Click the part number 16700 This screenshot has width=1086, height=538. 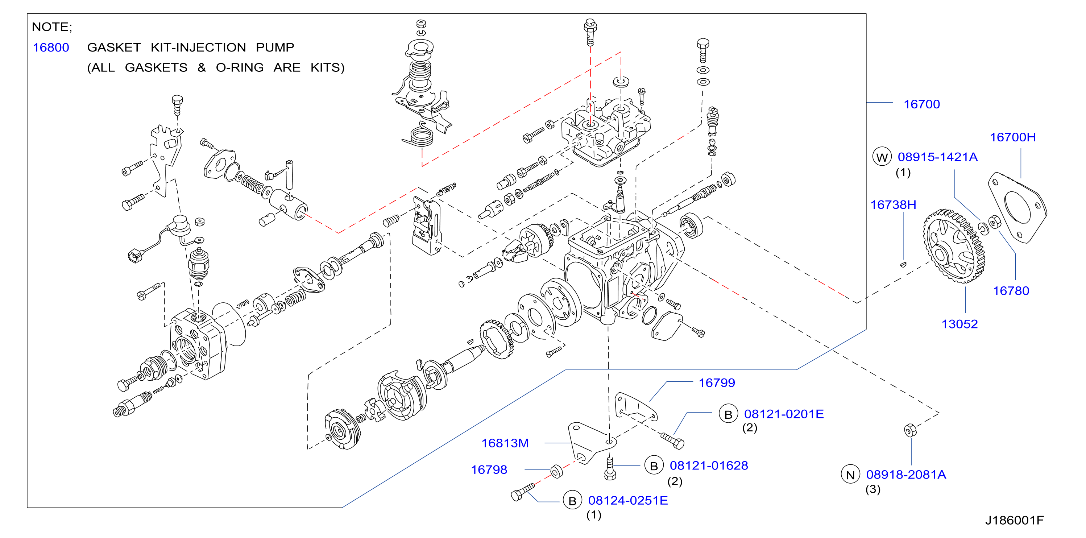click(x=921, y=104)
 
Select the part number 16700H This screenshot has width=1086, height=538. click(x=1013, y=137)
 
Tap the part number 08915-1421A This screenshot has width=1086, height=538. click(x=938, y=157)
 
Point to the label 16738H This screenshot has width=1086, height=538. click(x=893, y=204)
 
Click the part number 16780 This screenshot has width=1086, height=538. click(x=1011, y=290)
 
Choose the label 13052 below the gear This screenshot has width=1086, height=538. click(x=959, y=324)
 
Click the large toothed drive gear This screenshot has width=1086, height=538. click(x=954, y=246)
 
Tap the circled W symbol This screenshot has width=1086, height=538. click(x=882, y=157)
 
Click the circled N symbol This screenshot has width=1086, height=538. click(x=850, y=475)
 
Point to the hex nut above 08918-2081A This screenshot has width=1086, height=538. click(x=910, y=430)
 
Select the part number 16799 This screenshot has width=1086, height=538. click(x=717, y=382)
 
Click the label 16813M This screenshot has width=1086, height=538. click(x=505, y=443)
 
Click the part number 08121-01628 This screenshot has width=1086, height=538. click(x=709, y=465)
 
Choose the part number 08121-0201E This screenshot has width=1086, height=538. click(x=784, y=414)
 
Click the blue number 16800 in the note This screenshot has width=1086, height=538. click(x=51, y=47)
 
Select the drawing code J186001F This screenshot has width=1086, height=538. click(x=1014, y=520)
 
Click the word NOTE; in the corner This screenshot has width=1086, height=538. click(x=52, y=27)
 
